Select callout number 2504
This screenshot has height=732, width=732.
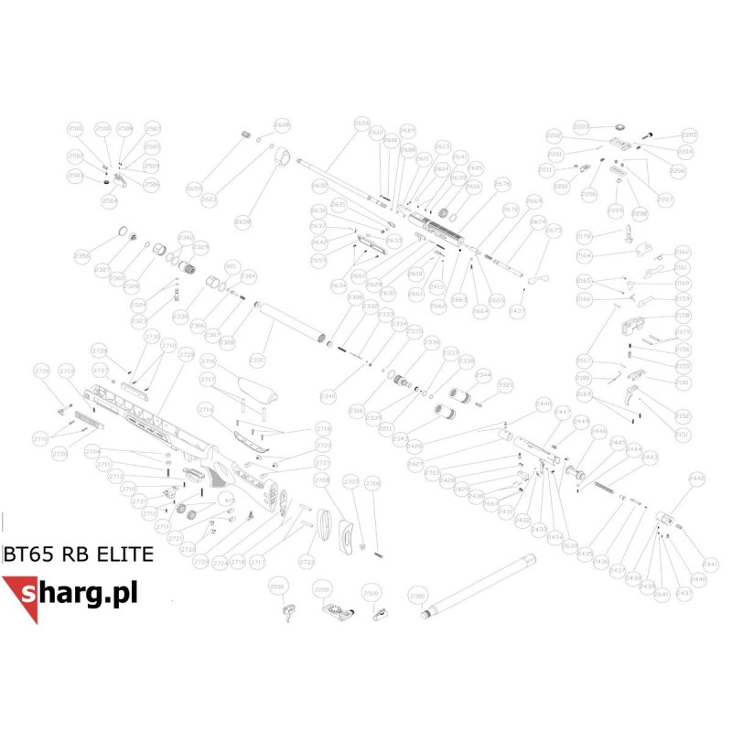[110, 200]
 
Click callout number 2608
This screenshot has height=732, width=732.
[282, 124]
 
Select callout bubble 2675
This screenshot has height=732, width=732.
[554, 231]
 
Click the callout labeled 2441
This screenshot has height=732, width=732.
[711, 564]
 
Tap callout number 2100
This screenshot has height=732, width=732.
[279, 583]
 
